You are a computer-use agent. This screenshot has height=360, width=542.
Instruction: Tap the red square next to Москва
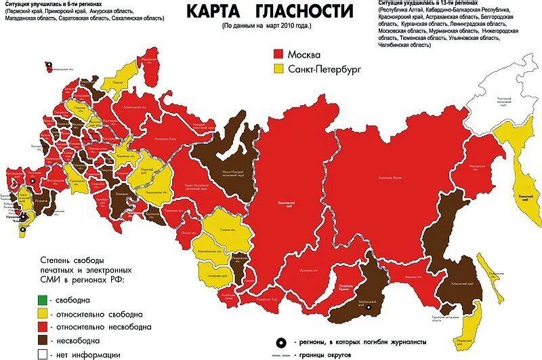278,54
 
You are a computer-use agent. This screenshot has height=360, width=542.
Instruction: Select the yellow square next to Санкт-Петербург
278,68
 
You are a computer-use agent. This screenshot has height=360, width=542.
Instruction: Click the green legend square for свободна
43,300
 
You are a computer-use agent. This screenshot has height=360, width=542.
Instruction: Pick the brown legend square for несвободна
43,340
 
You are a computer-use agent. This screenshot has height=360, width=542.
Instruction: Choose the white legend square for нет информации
43,353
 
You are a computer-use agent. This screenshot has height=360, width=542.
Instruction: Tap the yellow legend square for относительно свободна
43,313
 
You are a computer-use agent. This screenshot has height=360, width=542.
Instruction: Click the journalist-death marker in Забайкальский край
369,308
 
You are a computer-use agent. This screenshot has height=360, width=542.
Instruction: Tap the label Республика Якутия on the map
390,177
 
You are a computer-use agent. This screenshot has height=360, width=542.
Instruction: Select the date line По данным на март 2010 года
266,26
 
